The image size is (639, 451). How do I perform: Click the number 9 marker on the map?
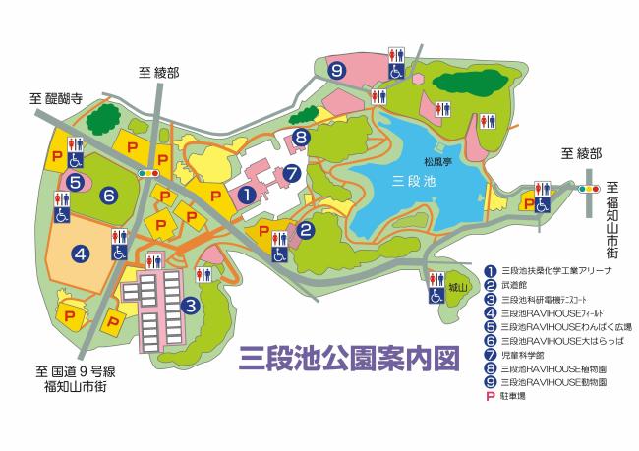[x=336, y=70]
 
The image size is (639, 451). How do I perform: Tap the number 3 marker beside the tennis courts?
[x=190, y=306]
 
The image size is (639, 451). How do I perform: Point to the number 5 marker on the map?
[x=75, y=181]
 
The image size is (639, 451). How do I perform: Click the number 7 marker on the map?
[x=292, y=173]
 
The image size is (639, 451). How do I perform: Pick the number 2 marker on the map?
[x=307, y=232]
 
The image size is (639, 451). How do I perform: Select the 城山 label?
[x=457, y=288]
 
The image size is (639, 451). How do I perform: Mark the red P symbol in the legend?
[x=492, y=395]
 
